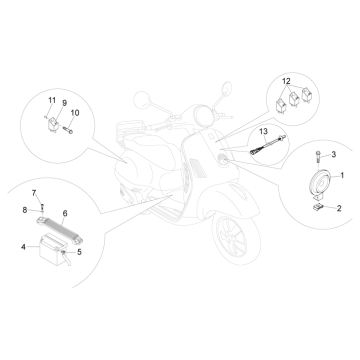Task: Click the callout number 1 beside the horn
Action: [343, 176]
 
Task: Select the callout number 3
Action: [334, 154]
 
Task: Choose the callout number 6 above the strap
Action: [65, 213]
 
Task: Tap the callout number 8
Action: [23, 209]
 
